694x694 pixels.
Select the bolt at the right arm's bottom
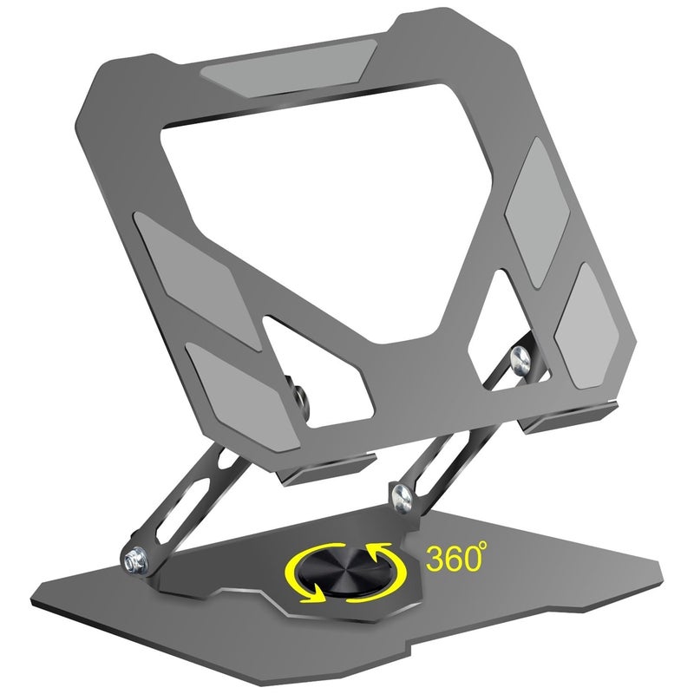[x=401, y=497]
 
